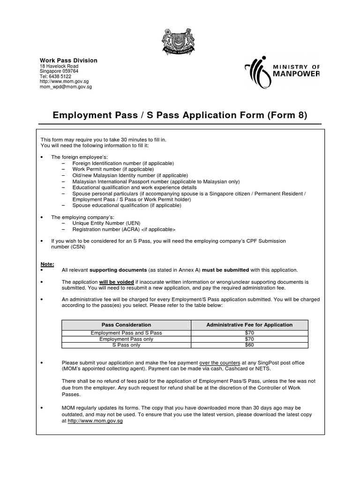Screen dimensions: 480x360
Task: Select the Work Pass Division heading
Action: pyautogui.click(x=68, y=60)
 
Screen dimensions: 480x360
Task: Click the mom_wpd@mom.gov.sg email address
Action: pyautogui.click(x=66, y=87)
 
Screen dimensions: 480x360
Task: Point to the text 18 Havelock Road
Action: pyautogui.click(x=59, y=66)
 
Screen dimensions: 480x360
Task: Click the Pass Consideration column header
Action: pyautogui.click(x=127, y=325)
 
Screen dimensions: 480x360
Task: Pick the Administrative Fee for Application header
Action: pyautogui.click(x=249, y=325)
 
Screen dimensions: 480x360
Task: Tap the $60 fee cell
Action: pyautogui.click(x=249, y=345)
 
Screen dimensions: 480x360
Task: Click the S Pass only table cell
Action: pyautogui.click(x=127, y=345)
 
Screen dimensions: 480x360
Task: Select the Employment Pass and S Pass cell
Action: pyautogui.click(x=127, y=332)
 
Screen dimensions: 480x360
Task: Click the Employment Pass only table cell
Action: pyautogui.click(x=127, y=339)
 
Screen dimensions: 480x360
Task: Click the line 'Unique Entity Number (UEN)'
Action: pyautogui.click(x=106, y=223)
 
